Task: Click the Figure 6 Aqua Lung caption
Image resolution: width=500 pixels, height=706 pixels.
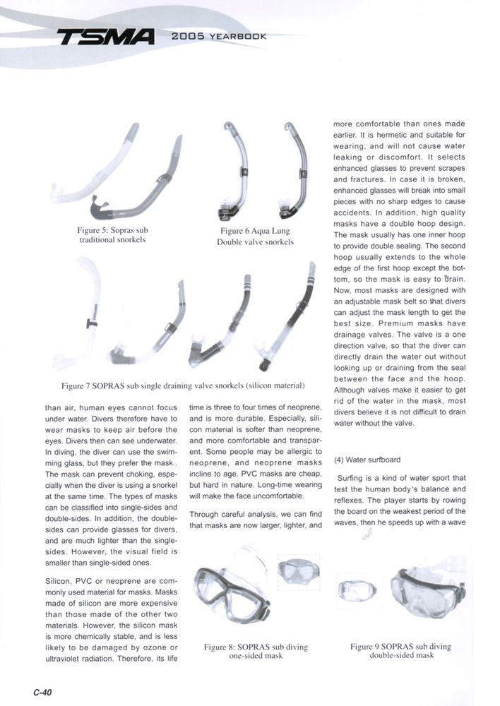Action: tap(255, 236)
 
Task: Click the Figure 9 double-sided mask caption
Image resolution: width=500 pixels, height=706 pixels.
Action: tap(400, 650)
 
